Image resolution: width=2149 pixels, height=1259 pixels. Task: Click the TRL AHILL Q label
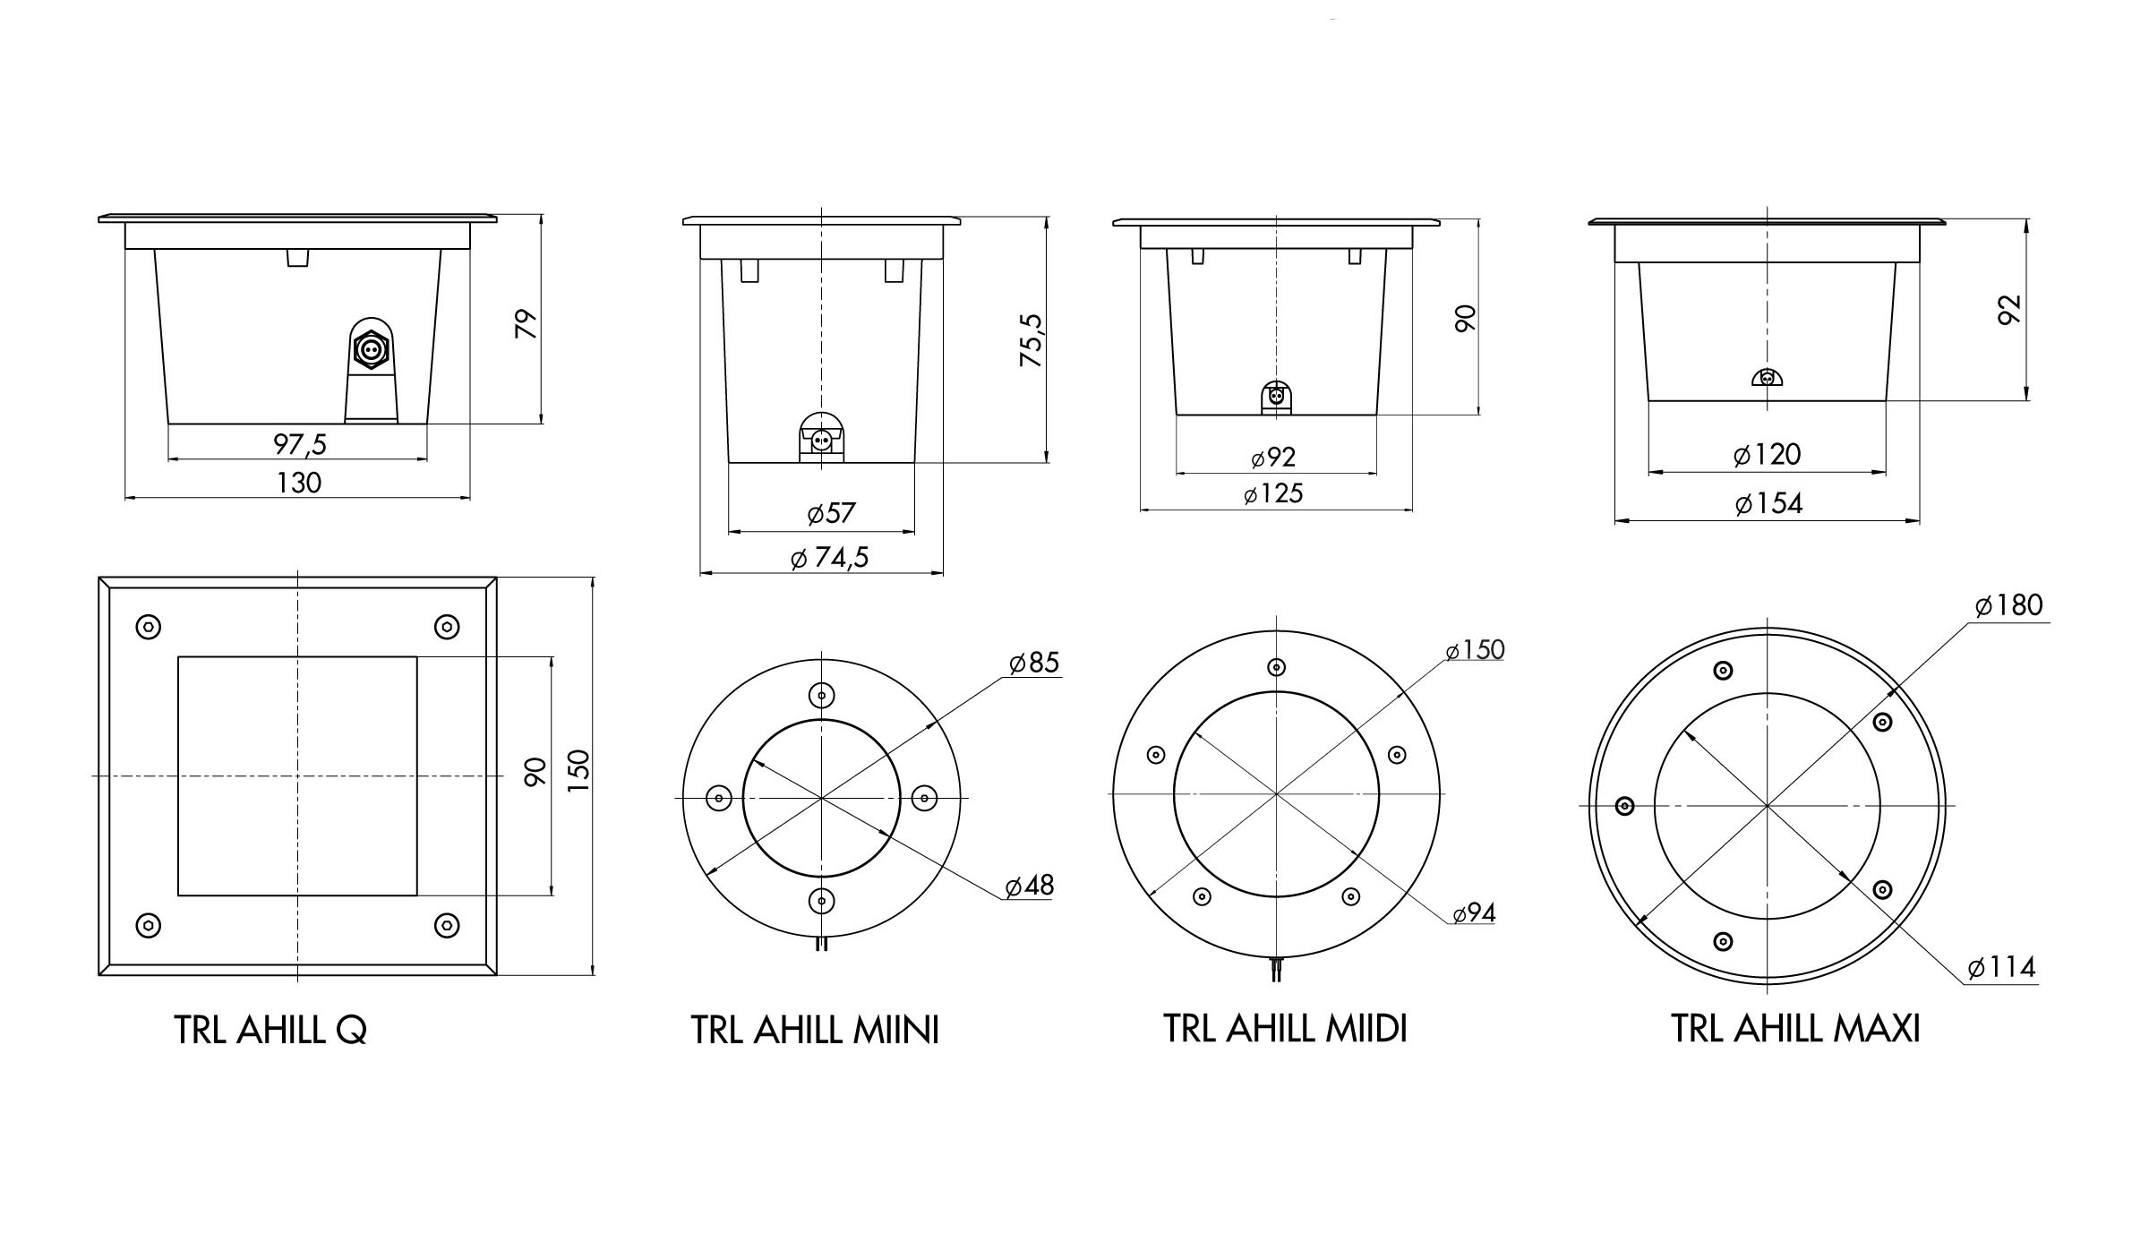(x=270, y=1031)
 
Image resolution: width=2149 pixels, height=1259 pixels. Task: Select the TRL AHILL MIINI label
(x=815, y=1031)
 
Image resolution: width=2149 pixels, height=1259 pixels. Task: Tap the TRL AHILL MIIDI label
(x=1285, y=1029)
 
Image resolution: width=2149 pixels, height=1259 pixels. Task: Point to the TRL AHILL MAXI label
(x=1795, y=1029)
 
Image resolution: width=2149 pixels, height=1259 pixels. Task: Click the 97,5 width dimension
(x=300, y=443)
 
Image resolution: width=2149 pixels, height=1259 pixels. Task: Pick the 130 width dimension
(x=298, y=484)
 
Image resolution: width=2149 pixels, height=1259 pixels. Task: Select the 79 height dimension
(x=527, y=323)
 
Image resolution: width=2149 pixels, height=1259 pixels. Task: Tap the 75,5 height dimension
(x=1032, y=340)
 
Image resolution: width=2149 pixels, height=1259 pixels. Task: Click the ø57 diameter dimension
(x=831, y=514)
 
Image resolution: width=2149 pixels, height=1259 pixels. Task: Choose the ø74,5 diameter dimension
(x=830, y=559)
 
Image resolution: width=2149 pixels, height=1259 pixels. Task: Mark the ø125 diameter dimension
(x=1273, y=494)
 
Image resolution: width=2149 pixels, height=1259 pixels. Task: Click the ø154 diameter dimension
(x=1768, y=504)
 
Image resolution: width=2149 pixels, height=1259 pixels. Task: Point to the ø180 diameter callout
(x=2009, y=606)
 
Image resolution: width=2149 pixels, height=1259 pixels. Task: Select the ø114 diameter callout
(x=2002, y=968)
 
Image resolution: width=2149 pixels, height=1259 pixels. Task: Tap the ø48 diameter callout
(x=1030, y=886)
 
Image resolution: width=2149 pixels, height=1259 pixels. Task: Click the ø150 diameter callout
(x=1475, y=650)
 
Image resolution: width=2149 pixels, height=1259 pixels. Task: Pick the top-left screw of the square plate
(x=149, y=627)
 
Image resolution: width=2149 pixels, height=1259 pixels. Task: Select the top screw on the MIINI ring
(x=821, y=694)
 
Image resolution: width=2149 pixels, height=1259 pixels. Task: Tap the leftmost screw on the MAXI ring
(x=1624, y=807)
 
